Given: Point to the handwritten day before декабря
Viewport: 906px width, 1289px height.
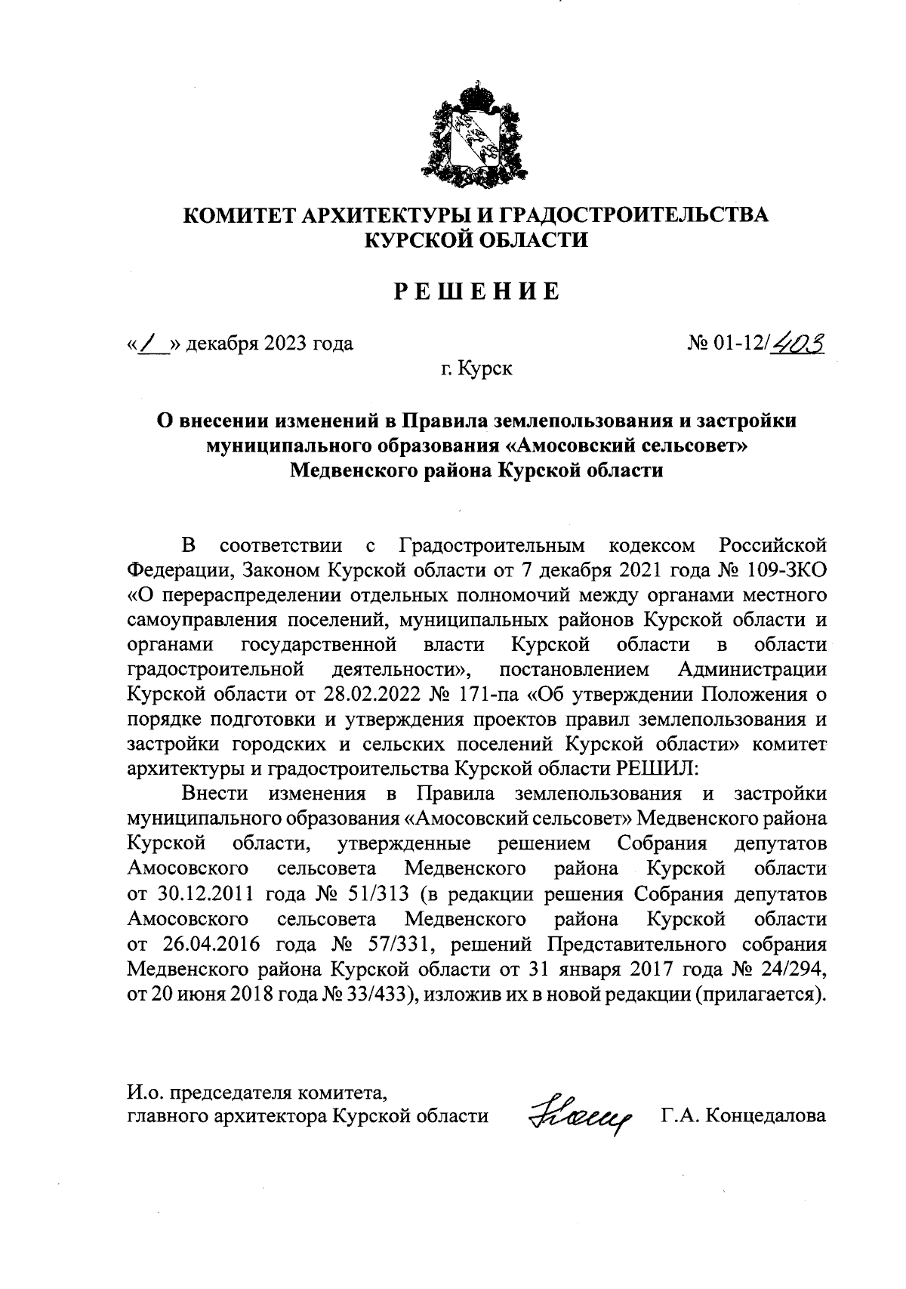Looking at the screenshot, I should click(150, 344).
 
